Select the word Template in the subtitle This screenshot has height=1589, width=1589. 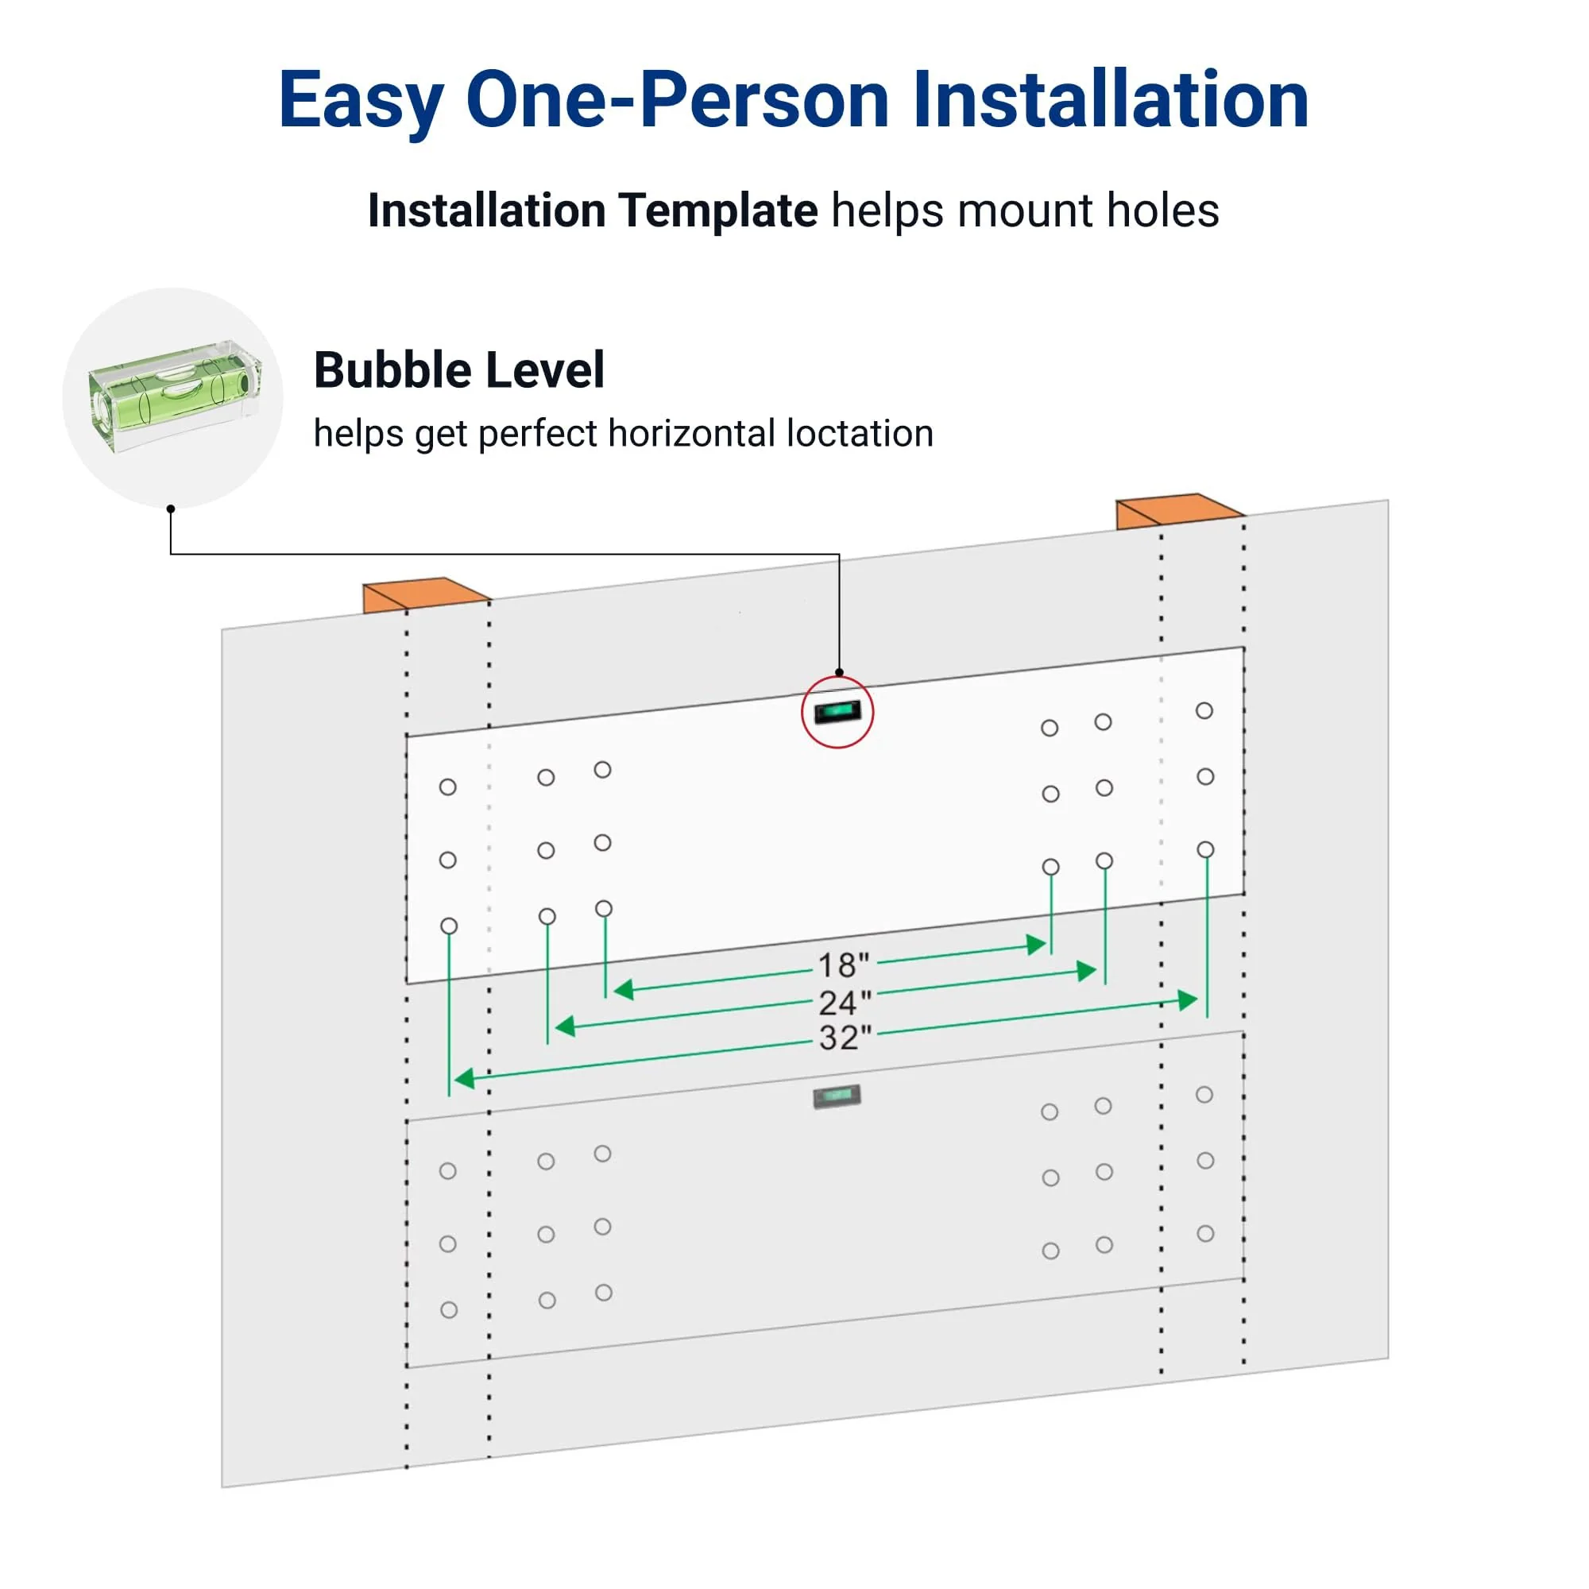point(718,211)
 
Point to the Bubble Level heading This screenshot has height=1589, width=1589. point(459,370)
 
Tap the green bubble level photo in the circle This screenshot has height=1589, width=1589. point(174,395)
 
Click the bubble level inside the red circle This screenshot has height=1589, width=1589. point(837,710)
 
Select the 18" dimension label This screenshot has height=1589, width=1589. point(843,965)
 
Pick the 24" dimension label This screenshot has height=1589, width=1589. point(845,1003)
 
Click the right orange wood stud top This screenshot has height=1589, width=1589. point(1178,510)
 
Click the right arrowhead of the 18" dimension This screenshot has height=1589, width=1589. point(1036,945)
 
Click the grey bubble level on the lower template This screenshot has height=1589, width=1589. point(837,1096)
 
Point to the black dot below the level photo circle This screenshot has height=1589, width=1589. point(170,509)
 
